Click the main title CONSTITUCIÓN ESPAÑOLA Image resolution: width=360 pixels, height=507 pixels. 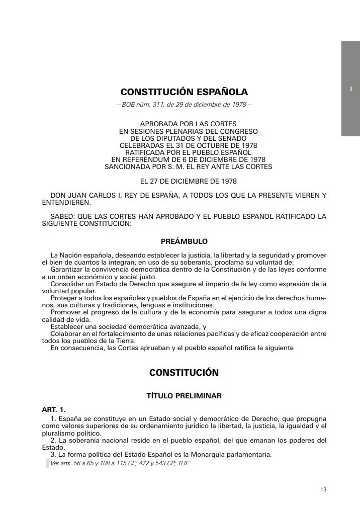tap(184, 92)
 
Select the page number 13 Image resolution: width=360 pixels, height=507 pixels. tap(323, 489)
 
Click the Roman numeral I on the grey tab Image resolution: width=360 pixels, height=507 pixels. tap(350, 89)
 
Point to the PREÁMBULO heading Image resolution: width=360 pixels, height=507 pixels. tap(184, 241)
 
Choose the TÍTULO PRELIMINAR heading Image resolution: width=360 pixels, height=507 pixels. tap(184, 396)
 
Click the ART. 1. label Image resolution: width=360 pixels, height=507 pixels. tap(54, 409)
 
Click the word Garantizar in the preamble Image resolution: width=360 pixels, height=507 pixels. tap(68, 270)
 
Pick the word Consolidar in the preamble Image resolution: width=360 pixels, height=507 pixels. tap(69, 284)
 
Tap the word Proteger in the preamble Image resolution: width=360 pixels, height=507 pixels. tap(65, 298)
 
